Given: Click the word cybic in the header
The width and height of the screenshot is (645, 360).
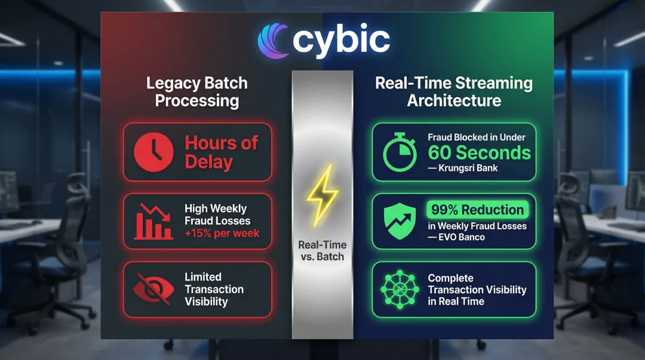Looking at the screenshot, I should [x=341, y=41].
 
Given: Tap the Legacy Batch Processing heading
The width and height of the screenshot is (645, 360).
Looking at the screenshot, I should [x=197, y=92].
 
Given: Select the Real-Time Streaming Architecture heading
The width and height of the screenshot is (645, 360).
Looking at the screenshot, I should [x=454, y=92].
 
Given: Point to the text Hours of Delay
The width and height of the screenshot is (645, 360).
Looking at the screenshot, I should [x=221, y=152].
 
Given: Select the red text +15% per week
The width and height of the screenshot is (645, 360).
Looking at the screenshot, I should [x=222, y=233].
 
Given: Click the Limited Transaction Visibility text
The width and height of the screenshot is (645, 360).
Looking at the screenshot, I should [x=214, y=289].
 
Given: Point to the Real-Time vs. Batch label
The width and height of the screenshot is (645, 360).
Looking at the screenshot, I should [x=322, y=251].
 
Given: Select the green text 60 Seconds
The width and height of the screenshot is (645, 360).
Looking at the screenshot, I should [x=479, y=153].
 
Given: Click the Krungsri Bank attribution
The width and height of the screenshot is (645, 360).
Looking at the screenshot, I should [x=463, y=168].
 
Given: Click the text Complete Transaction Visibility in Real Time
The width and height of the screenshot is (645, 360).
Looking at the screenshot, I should [x=477, y=290].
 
